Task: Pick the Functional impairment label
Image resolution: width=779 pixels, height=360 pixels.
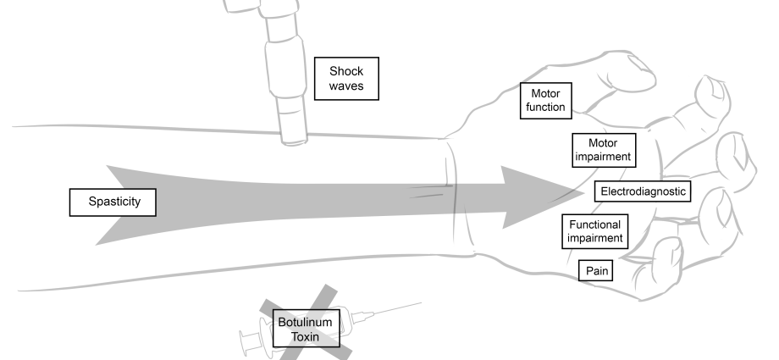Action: (595, 230)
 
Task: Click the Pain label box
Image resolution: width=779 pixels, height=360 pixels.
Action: (594, 271)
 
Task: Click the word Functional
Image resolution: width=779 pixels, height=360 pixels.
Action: (595, 224)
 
